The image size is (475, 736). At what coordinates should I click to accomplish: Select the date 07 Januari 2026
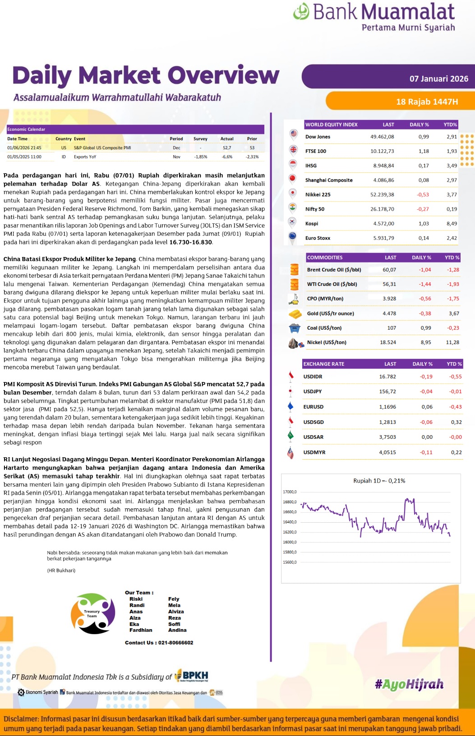coord(438,79)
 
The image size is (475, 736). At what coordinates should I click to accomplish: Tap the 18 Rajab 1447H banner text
coord(427,102)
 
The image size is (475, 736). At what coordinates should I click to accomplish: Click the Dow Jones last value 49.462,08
coord(382,137)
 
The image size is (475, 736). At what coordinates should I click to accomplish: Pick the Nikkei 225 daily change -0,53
coord(423,194)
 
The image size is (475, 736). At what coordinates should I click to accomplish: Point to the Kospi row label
coord(312,223)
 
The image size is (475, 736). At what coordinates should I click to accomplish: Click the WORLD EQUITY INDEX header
coord(331,124)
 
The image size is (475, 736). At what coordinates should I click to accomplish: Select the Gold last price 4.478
coord(389,313)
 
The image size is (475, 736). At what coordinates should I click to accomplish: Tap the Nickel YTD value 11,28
coord(452,342)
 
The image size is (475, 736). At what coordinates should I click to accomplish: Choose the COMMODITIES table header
coord(325,258)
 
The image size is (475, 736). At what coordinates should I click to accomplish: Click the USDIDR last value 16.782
coord(387,377)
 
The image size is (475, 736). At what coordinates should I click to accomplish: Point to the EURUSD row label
coord(314,407)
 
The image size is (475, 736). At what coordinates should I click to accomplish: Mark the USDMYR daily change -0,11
coord(426,452)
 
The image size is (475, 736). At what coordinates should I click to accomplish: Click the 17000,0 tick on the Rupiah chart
coord(290,492)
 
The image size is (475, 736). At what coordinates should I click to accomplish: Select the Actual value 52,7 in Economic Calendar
coord(227,147)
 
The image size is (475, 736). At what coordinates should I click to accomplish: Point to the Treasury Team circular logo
coord(93,614)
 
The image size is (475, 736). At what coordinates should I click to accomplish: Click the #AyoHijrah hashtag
coord(409,685)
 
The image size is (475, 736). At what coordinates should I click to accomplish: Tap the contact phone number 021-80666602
coord(176,643)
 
